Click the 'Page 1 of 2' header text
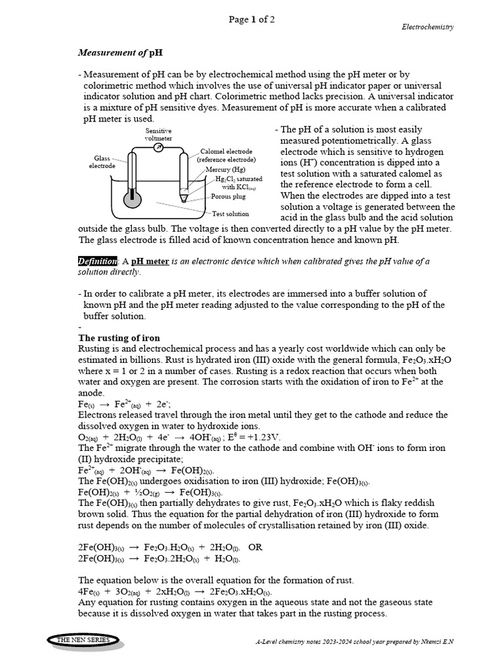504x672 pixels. pos(251,20)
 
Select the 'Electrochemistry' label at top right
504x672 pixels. pos(427,27)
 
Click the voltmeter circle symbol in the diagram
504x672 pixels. pos(158,148)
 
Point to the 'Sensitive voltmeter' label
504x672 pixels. pos(158,135)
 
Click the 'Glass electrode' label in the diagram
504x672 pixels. pos(102,162)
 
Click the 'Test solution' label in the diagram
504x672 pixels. pos(230,213)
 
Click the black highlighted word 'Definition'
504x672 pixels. pos(98,261)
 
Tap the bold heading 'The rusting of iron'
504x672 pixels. pos(119,338)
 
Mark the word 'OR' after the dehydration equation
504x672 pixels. pos(255,546)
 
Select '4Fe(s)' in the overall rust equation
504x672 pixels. pos(89,591)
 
